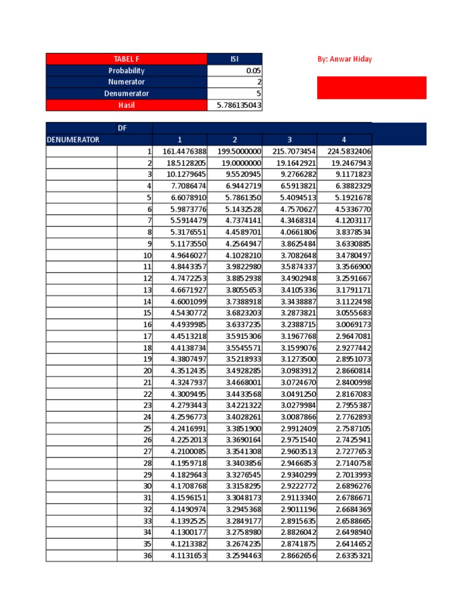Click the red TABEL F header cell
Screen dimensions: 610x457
click(x=126, y=59)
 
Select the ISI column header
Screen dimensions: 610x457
click(x=234, y=59)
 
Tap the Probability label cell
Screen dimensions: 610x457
click(x=126, y=70)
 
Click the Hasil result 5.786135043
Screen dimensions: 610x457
click(x=234, y=105)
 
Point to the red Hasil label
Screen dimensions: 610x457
click(x=126, y=105)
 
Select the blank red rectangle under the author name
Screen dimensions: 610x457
click(x=371, y=88)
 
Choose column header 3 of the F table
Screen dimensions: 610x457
click(x=289, y=140)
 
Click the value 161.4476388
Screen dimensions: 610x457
click(x=180, y=151)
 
